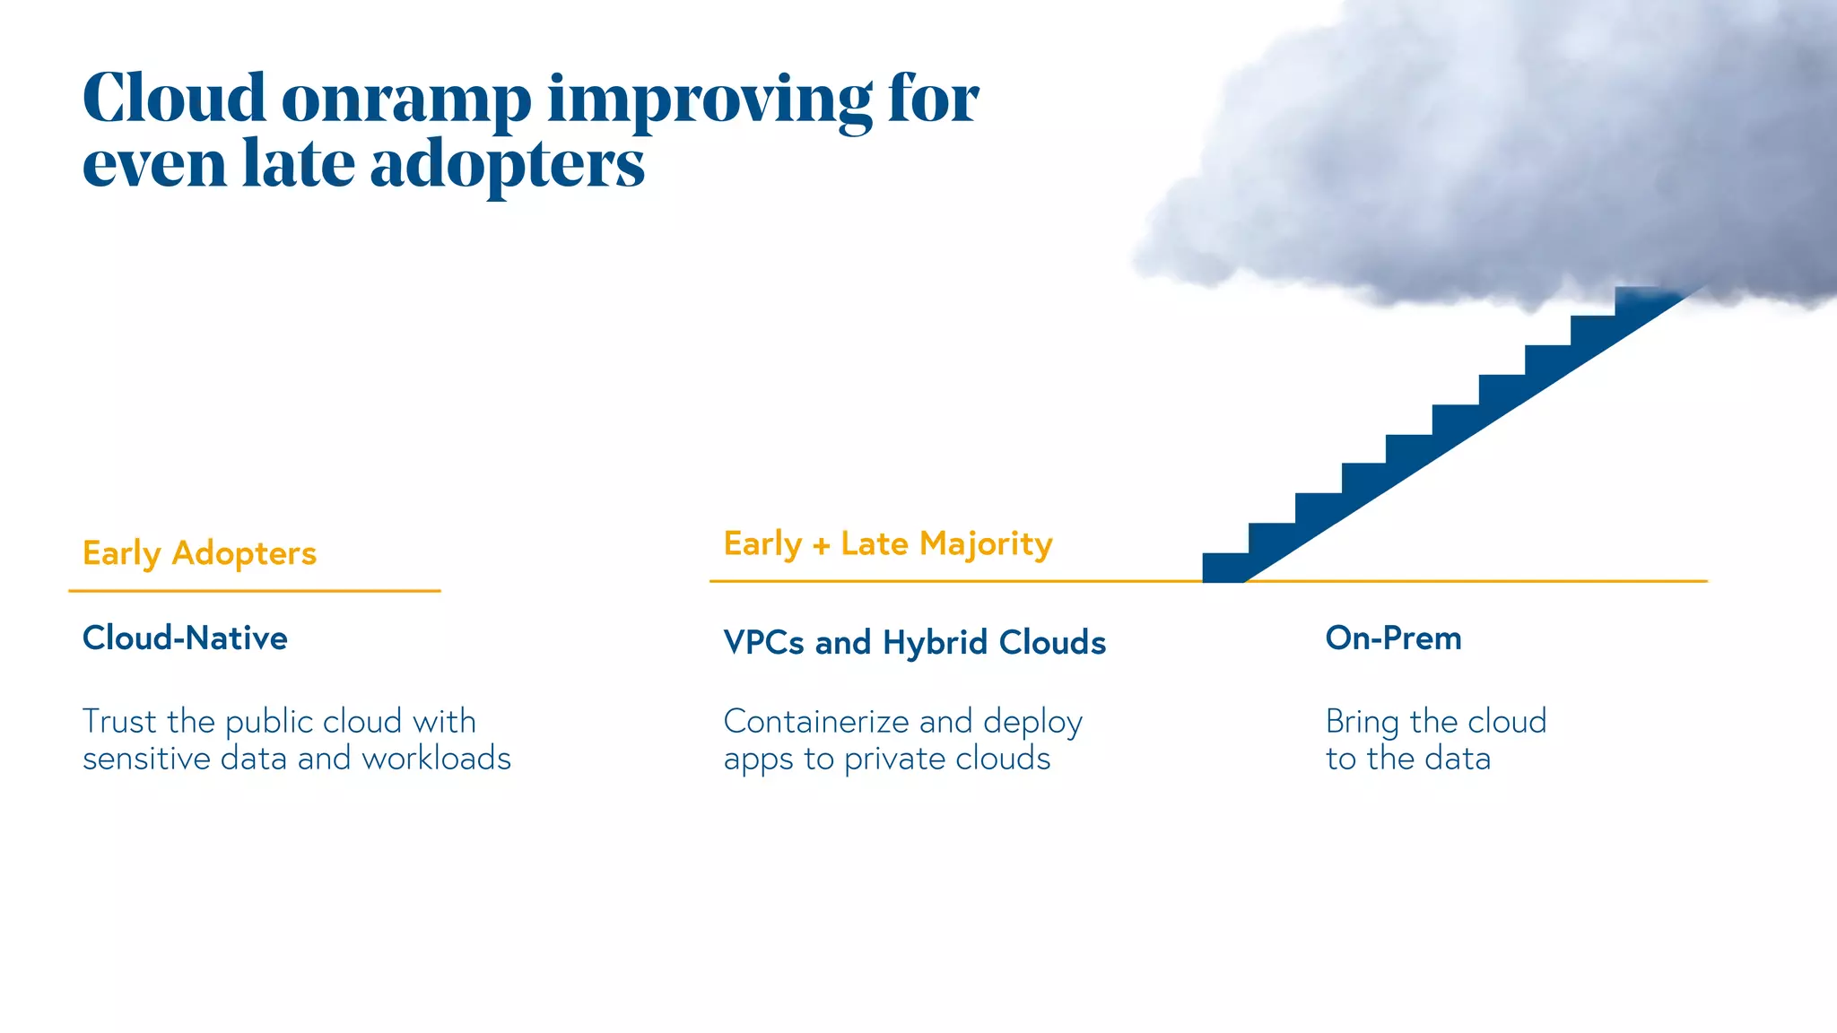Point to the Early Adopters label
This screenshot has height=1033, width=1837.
point(199,553)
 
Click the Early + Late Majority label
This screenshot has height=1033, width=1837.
point(888,543)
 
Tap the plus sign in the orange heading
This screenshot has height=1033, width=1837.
point(821,544)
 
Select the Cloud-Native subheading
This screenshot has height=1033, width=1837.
point(185,638)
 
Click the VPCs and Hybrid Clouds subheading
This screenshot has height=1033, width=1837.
point(914,642)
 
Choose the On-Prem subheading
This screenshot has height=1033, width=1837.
point(1393,638)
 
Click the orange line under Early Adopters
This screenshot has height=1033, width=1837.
point(254,591)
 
